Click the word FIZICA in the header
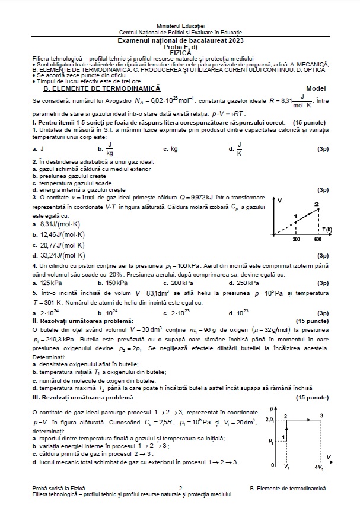click(x=180, y=52)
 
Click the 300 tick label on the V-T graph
click(x=296, y=239)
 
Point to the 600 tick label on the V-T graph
click(x=317, y=239)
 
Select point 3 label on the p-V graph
click(x=321, y=415)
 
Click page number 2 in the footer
click(x=180, y=487)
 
